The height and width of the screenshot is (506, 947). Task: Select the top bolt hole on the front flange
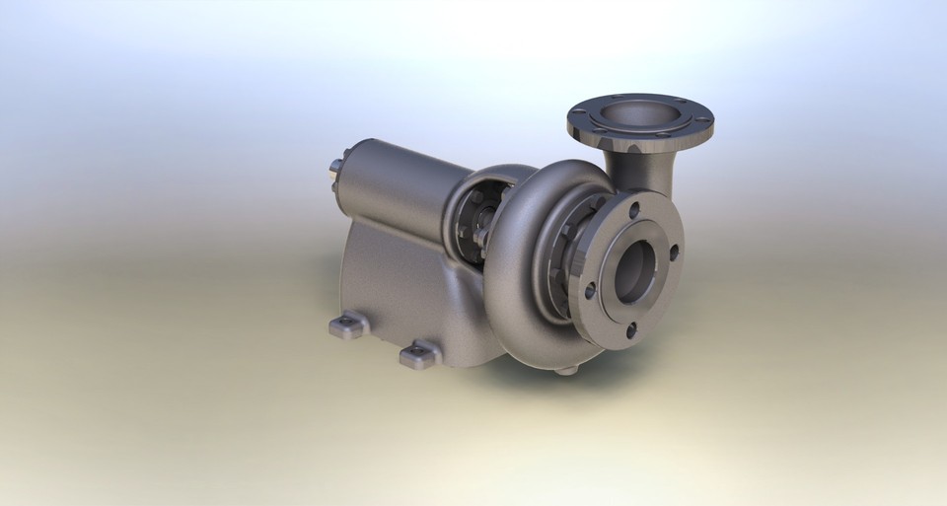pos(633,208)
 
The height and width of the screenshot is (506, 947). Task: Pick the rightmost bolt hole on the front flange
pos(675,253)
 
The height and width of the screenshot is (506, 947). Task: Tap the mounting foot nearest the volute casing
pos(419,354)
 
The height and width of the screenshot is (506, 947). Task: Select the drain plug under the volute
pos(565,370)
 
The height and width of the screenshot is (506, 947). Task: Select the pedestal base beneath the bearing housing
pos(395,276)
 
